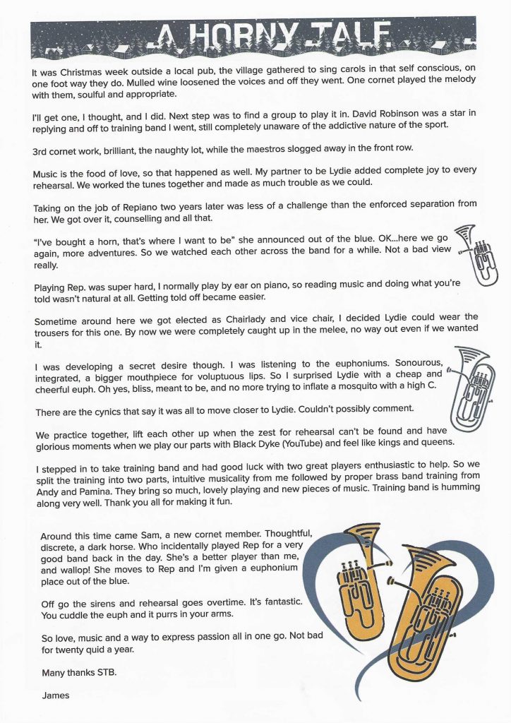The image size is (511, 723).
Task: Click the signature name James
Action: [x=56, y=695]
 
